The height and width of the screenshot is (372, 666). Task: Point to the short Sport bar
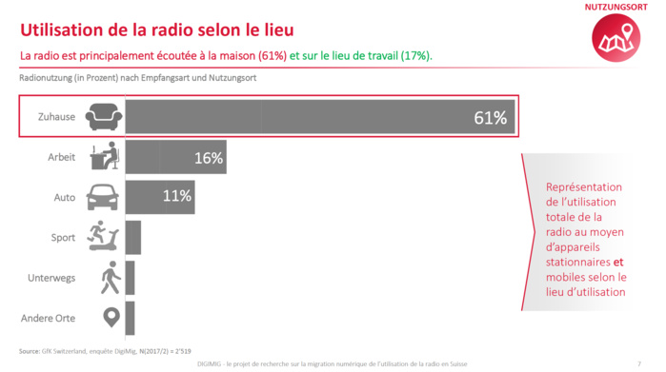click(132, 237)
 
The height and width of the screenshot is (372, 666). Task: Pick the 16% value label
click(208, 158)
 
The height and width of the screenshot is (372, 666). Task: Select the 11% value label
click(177, 197)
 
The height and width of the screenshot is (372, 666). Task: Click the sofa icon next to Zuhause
click(103, 118)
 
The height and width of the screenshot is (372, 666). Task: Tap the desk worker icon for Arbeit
click(103, 156)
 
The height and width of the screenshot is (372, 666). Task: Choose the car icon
click(103, 198)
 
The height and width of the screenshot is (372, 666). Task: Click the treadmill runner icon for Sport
click(103, 236)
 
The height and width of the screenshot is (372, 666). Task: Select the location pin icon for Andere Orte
click(111, 317)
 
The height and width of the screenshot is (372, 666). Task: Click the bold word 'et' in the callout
click(618, 263)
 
